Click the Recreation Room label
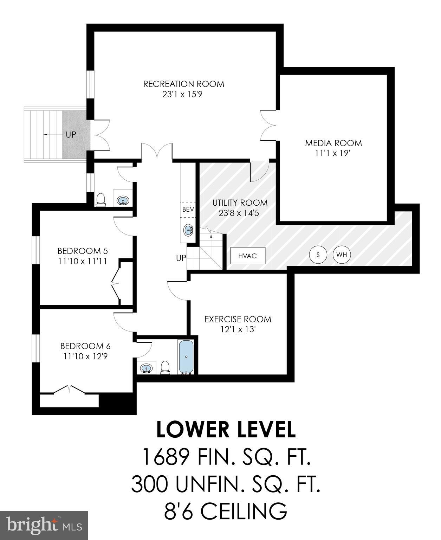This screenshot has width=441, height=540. pyautogui.click(x=183, y=84)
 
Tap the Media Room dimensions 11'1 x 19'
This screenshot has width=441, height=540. pyautogui.click(x=333, y=154)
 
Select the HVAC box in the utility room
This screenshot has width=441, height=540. pyautogui.click(x=247, y=256)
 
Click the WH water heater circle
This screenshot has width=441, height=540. pyautogui.click(x=342, y=255)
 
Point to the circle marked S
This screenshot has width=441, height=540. pyautogui.click(x=318, y=255)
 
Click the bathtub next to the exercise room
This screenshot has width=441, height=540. pyautogui.click(x=186, y=356)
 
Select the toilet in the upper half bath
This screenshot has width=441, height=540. pyautogui.click(x=100, y=199)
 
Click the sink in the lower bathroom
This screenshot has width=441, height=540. pyautogui.click(x=147, y=368)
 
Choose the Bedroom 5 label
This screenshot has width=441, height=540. pyautogui.click(x=83, y=251)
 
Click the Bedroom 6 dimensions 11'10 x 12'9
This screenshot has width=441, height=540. pyautogui.click(x=85, y=356)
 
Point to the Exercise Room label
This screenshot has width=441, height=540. pyautogui.click(x=238, y=319)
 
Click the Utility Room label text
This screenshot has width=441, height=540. pyautogui.click(x=240, y=203)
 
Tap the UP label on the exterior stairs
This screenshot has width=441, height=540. pyautogui.click(x=71, y=135)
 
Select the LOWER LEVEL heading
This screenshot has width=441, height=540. pyautogui.click(x=226, y=430)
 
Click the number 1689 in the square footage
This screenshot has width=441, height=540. pyautogui.click(x=166, y=457)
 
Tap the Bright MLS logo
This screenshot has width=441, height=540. pyautogui.click(x=44, y=526)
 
